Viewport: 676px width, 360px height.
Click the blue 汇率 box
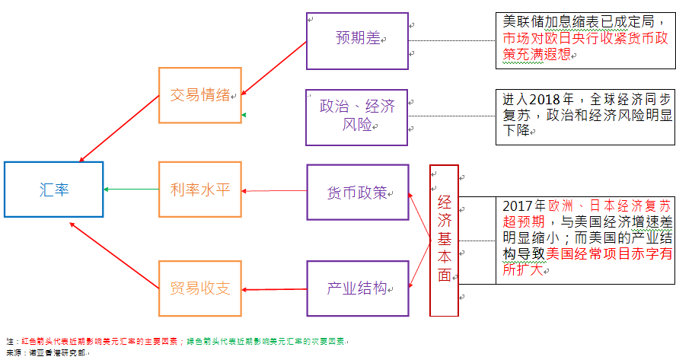(x=53, y=190)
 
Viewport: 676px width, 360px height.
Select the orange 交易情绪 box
(x=199, y=95)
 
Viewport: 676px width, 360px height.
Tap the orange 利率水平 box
(x=199, y=190)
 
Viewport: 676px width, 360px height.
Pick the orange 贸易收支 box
(x=199, y=288)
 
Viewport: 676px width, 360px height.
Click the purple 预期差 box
(x=358, y=40)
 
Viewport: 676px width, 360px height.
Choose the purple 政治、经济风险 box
(x=358, y=116)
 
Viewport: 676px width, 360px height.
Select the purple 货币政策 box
(x=358, y=192)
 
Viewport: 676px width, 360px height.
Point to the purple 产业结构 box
(x=358, y=288)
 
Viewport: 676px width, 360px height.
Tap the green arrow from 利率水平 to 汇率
(x=131, y=190)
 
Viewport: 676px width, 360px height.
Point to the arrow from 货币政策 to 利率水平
(x=274, y=191)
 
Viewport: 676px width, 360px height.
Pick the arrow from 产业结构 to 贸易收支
(x=274, y=289)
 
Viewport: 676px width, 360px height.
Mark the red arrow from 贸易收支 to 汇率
(x=114, y=251)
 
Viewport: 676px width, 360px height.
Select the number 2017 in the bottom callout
(x=519, y=206)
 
